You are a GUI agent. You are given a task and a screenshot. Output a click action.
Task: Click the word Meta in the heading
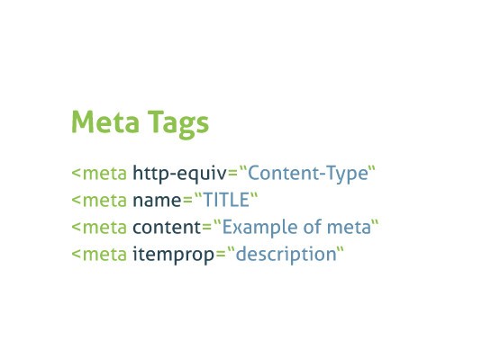[x=105, y=121]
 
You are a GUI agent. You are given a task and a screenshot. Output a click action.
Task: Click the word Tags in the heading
[x=178, y=123]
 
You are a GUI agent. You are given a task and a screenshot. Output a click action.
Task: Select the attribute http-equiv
[x=179, y=174]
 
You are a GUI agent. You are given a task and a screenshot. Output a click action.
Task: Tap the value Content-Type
[x=308, y=174]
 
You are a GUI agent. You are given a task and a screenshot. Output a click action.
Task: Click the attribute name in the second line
[x=157, y=201]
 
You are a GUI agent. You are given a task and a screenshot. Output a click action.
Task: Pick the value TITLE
[x=226, y=200]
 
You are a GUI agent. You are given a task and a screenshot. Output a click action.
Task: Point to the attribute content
[x=167, y=228]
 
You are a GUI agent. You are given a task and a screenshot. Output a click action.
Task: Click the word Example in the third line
[x=260, y=228]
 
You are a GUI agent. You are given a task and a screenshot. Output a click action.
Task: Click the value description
[x=286, y=255]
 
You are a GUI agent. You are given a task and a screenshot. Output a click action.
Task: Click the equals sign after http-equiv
[x=232, y=174]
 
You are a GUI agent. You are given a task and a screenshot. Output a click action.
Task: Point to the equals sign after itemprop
[x=221, y=255]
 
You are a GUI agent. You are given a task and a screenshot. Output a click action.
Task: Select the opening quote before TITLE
[x=198, y=195]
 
